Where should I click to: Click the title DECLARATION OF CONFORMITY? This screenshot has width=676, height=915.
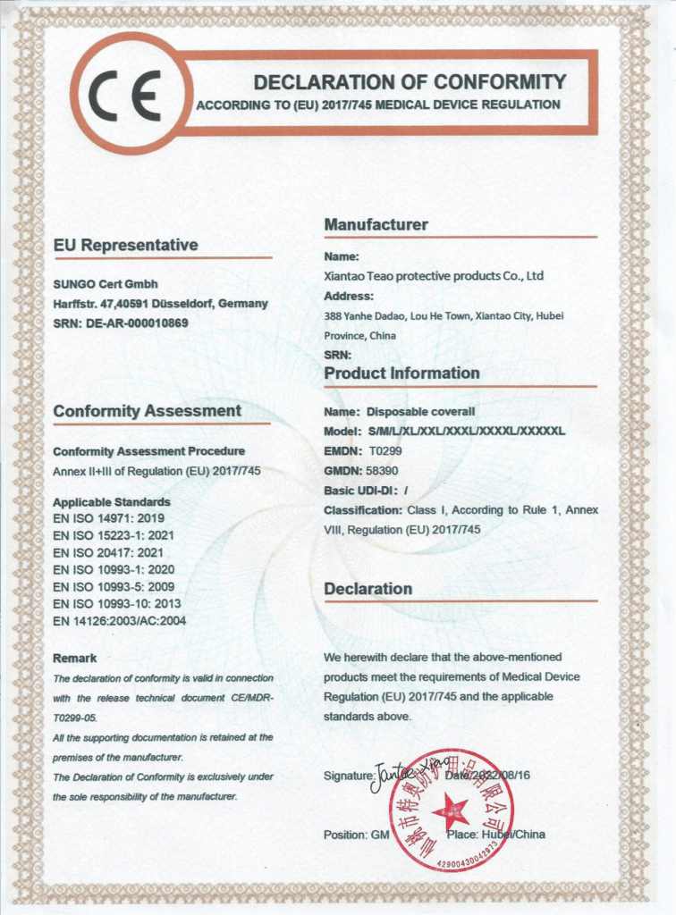point(410,82)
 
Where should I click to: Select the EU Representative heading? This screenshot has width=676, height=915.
point(125,245)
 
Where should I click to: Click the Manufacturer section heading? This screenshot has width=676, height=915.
point(376,224)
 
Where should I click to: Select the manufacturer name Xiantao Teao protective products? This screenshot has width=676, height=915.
point(434,276)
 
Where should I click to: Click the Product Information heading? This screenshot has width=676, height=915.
point(401,373)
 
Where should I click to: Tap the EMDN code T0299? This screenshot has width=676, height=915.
point(385,451)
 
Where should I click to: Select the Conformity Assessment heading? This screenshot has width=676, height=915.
point(147,411)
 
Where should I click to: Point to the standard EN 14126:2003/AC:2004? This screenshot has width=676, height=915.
point(119,620)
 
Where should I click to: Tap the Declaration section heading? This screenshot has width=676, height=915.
point(368,589)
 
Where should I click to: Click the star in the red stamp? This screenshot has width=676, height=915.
point(451,812)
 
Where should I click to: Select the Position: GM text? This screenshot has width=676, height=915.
point(357,835)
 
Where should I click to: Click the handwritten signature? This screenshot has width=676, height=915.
point(400,769)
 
